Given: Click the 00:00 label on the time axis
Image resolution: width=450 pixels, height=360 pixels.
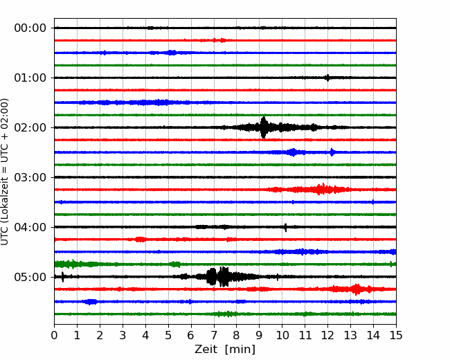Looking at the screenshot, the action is (30, 28).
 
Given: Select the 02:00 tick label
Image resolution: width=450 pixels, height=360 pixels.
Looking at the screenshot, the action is (30, 127).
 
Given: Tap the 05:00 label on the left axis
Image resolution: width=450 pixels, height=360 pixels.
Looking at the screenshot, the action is (30, 277).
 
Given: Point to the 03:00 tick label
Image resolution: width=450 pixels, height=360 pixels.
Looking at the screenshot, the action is (30, 177).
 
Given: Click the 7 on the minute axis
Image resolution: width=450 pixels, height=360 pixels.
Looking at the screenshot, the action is (214, 335).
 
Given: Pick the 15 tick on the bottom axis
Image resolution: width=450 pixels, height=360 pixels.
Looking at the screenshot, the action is (396, 335).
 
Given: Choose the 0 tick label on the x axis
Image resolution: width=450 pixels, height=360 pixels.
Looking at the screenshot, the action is (54, 335).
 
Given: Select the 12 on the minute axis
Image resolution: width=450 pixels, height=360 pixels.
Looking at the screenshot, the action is (327, 335).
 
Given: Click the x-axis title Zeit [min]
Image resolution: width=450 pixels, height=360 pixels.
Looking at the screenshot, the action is (225, 350).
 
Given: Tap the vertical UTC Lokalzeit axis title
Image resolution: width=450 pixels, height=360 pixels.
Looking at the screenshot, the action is (5, 172).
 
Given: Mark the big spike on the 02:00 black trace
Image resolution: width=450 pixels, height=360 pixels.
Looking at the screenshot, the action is (264, 127).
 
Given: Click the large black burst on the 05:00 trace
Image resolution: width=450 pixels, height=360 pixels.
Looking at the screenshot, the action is (218, 277).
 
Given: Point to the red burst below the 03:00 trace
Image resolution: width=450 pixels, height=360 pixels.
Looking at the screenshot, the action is (318, 189).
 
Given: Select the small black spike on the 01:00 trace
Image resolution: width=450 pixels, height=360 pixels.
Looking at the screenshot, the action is (327, 78).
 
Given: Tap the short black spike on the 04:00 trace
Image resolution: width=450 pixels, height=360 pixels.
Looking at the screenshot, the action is (285, 227).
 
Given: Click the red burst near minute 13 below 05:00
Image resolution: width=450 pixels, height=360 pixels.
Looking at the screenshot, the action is (357, 289).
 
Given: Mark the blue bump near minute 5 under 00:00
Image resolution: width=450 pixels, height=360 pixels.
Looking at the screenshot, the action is (172, 53).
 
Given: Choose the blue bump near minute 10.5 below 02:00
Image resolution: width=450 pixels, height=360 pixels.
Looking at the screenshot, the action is (293, 152).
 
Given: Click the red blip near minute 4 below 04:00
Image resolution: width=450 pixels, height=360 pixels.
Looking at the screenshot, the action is (141, 239).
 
